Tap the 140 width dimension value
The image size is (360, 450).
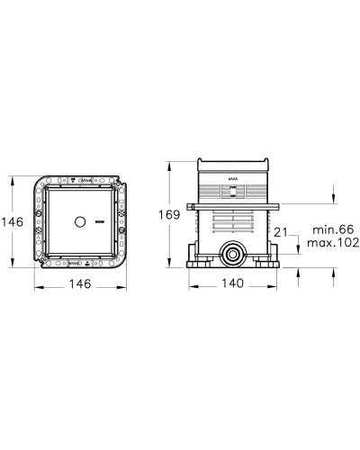[x=234, y=282]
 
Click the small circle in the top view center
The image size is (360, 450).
[x=78, y=220]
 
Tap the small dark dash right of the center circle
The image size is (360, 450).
[x=99, y=220]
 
